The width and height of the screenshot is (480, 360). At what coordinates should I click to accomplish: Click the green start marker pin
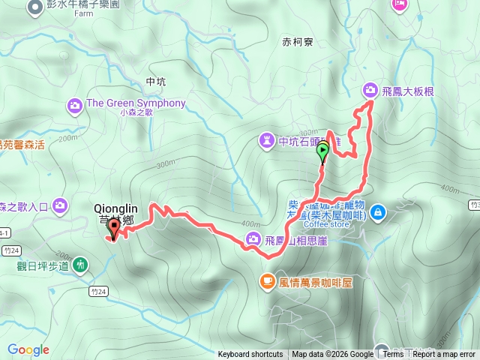(323, 153)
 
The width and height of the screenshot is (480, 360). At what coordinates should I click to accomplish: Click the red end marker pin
(114, 229)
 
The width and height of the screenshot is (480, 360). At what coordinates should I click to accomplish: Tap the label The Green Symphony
(136, 103)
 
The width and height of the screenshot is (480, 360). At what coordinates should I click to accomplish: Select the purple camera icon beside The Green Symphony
(75, 103)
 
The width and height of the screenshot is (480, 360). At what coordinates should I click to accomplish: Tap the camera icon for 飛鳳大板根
(370, 90)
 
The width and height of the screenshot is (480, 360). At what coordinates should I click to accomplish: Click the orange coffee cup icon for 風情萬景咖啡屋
(266, 281)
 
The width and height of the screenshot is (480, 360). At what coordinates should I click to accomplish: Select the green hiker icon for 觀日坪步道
(80, 265)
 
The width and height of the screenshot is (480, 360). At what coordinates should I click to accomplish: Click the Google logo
(28, 349)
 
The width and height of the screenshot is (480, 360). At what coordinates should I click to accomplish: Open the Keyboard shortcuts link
(250, 355)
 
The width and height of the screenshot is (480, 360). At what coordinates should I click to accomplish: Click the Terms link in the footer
(393, 355)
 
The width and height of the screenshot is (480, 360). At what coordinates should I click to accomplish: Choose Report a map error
(445, 355)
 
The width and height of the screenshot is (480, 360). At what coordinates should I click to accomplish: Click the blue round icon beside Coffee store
(378, 211)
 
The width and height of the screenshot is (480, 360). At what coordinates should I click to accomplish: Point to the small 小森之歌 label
(135, 113)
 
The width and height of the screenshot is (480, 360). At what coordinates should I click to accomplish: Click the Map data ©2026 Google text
(332, 355)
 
